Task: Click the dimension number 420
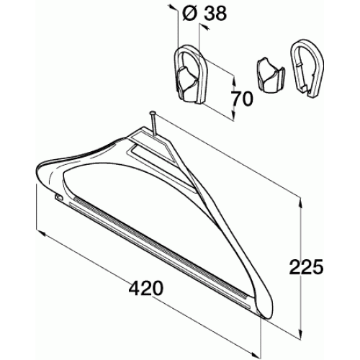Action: tap(146, 288)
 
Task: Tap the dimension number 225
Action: tap(306, 266)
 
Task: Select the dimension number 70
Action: tap(242, 99)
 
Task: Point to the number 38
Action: tap(215, 14)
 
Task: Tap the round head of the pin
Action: tap(152, 113)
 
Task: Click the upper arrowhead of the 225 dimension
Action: tap(300, 203)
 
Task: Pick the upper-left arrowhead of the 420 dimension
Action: tap(41, 233)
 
